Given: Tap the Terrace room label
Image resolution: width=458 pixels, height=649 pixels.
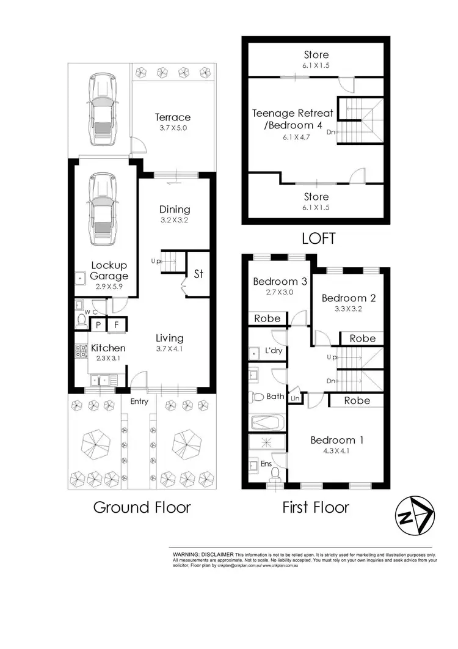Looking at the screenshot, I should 172,117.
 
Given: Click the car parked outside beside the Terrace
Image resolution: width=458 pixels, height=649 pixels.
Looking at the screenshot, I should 101,109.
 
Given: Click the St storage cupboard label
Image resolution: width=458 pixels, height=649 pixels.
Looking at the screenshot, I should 198,274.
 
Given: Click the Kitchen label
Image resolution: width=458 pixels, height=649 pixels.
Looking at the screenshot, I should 108,348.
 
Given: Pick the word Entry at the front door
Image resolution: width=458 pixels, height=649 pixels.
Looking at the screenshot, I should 139,402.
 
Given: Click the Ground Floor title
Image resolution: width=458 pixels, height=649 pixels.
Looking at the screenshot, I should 142,507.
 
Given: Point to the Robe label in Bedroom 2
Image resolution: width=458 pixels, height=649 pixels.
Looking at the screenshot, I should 362,338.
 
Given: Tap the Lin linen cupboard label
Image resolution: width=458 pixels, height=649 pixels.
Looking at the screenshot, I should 296,398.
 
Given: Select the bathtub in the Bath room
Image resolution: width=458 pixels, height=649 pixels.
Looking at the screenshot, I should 267,422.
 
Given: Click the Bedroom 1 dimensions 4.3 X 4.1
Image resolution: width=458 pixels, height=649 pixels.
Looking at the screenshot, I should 332,452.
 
